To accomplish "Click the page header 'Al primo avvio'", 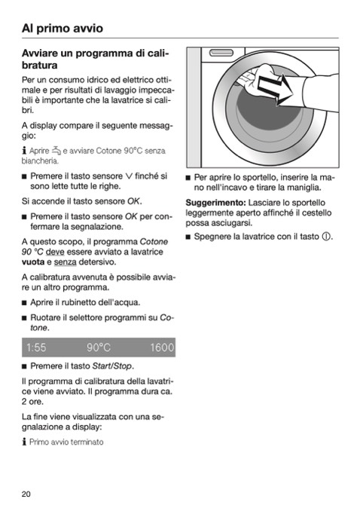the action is [x=63, y=29].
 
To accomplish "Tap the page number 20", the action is [x=26, y=494].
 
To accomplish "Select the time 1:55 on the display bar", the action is [x=36, y=347].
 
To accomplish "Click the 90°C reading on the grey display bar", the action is [x=99, y=347].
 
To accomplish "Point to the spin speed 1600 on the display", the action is [x=162, y=347].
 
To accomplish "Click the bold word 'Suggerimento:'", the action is [x=215, y=203].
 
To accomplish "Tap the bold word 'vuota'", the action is [x=33, y=262].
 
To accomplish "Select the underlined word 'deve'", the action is [x=55, y=252].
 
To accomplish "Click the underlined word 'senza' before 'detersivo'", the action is [x=66, y=262].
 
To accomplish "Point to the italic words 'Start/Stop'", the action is [x=112, y=366].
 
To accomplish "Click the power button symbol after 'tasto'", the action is [x=326, y=237].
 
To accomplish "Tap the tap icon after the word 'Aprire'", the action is [x=56, y=151].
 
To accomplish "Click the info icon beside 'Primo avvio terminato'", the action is [x=24, y=442].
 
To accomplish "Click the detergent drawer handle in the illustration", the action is [x=221, y=53].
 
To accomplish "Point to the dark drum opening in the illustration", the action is [x=269, y=111].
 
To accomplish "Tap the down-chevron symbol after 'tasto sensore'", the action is [x=129, y=176].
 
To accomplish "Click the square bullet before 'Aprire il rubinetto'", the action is [x=24, y=303].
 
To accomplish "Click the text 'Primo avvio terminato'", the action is [x=66, y=442].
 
